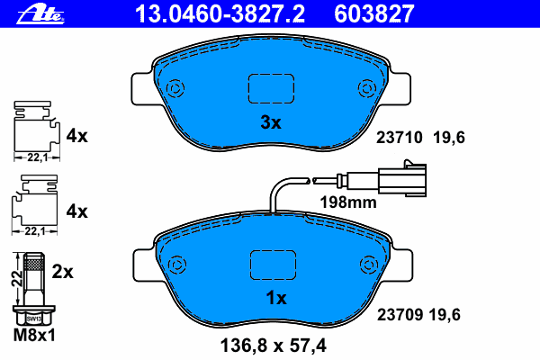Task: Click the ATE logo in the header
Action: (40, 14)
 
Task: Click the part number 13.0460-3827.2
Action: (220, 14)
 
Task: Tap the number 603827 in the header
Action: (373, 14)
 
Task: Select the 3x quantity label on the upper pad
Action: (271, 122)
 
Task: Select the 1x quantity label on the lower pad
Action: (276, 298)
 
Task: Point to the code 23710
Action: (399, 138)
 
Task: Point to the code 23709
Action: (400, 314)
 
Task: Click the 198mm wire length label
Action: (348, 202)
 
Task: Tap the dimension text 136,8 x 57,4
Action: (273, 346)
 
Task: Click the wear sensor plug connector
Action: (402, 179)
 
